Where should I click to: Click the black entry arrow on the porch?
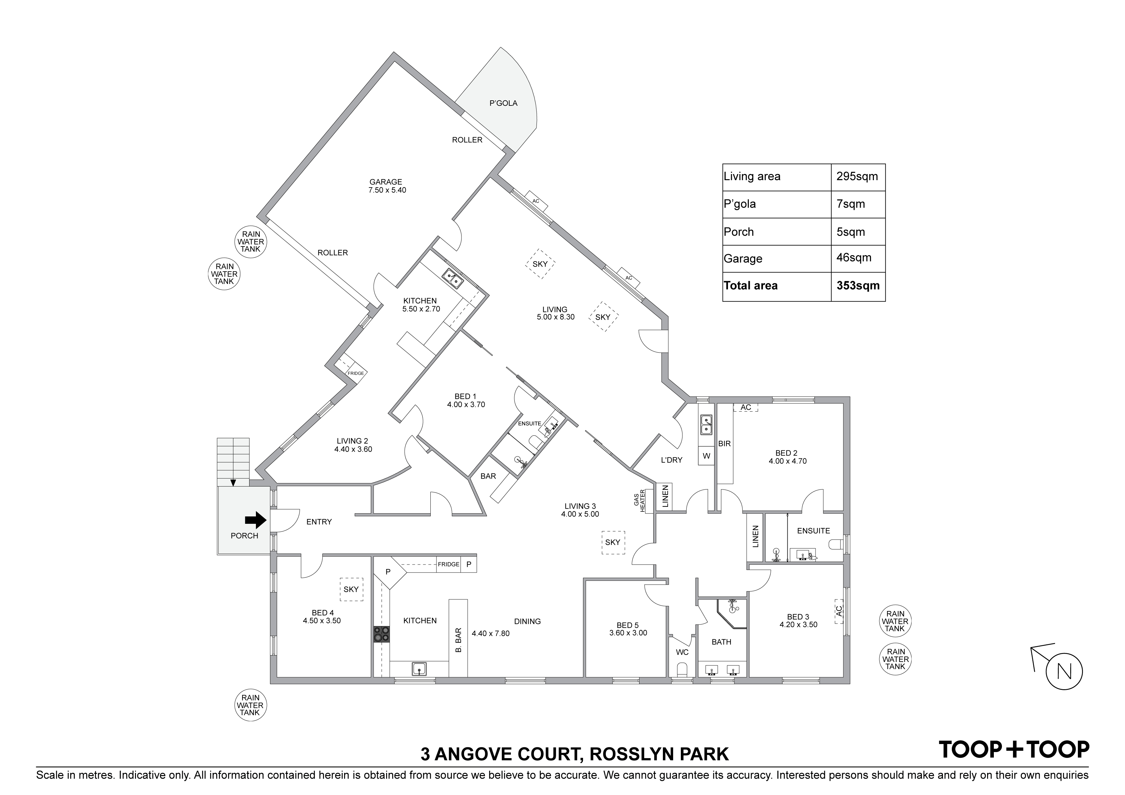255,520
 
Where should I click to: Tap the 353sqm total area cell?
858,286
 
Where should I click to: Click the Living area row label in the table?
752,176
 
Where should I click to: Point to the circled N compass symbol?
1064,671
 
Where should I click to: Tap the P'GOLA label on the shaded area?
503,103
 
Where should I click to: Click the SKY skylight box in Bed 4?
351,589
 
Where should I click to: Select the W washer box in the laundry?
706,456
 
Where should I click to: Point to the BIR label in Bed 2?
724,444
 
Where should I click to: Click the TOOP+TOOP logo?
1014,749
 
